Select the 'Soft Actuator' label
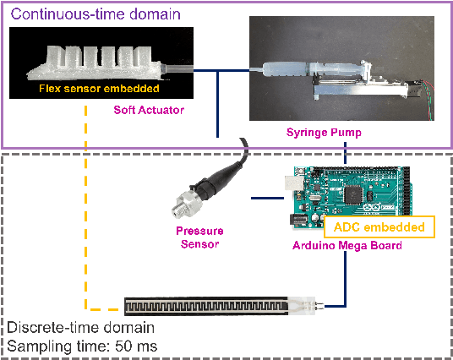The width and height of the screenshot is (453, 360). pos(149,108)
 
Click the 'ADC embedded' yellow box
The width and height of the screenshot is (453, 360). pos(379,226)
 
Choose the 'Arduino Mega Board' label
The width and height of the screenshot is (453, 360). pos(344,246)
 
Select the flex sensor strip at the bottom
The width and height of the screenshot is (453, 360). pos(220,303)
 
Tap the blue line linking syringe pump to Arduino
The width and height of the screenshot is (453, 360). pos(346,153)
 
